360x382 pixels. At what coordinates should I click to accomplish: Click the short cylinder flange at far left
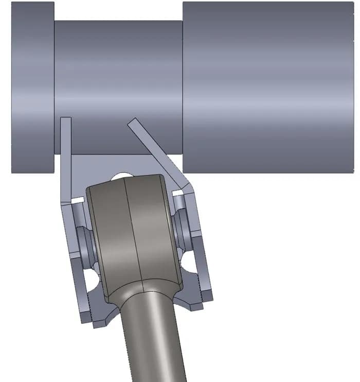(x=32, y=88)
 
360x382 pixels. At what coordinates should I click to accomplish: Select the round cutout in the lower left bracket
(x=93, y=281)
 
